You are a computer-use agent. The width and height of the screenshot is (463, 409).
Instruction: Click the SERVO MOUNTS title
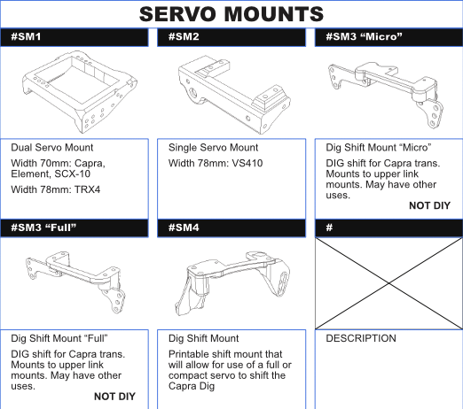(231, 14)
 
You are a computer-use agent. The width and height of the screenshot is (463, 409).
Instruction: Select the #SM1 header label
(26, 37)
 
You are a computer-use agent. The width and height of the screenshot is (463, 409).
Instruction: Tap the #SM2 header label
(184, 37)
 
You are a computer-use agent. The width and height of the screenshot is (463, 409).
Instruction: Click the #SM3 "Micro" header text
(364, 37)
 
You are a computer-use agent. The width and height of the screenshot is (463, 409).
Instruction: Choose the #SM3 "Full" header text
(43, 228)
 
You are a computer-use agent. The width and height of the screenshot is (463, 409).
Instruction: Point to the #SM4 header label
(184, 228)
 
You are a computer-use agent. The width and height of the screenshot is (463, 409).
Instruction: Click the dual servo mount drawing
(79, 92)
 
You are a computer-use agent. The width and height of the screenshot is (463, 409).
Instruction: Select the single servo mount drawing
(234, 95)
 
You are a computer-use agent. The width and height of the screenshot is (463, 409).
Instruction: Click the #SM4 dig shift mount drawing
(232, 283)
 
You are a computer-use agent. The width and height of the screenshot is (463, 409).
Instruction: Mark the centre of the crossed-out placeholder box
(388, 283)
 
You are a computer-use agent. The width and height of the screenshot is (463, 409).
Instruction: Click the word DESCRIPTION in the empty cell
(361, 338)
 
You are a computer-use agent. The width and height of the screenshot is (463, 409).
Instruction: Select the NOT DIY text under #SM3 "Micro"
(429, 205)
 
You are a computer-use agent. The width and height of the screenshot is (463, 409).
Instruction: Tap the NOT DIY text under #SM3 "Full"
(114, 397)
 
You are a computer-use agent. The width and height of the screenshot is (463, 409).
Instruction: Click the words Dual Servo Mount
(52, 148)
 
